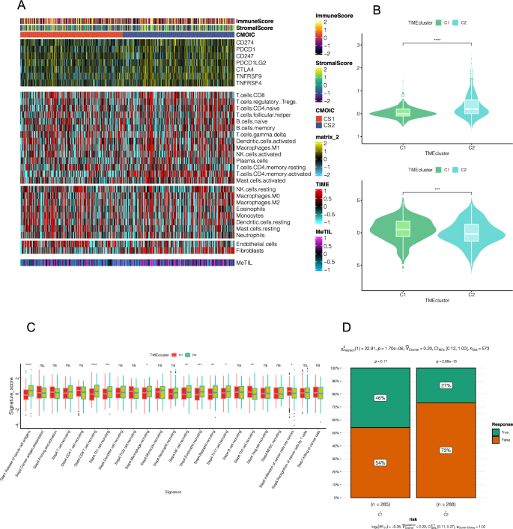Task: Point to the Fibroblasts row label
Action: click(x=252, y=251)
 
